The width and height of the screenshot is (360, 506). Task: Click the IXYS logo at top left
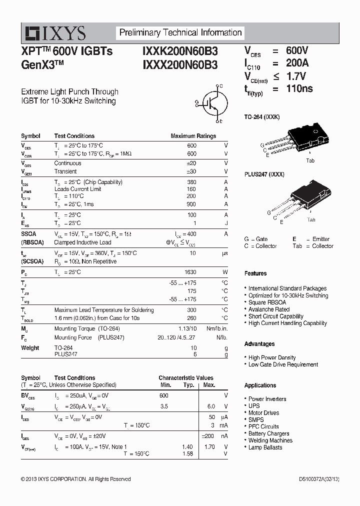pos(55,33)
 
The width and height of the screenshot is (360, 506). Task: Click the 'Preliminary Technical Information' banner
pos(180,33)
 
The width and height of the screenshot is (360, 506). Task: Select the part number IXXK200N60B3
pos(180,51)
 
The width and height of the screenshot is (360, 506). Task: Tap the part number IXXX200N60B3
pos(180,64)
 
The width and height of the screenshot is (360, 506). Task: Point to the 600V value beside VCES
pos(297,50)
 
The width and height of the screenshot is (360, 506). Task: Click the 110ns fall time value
pos(299,88)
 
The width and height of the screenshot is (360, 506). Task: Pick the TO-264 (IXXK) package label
pos(261,116)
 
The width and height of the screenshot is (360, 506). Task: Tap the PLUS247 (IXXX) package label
pos(264,174)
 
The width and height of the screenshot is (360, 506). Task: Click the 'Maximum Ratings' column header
pos(193,136)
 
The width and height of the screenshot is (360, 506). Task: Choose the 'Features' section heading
pos(255,273)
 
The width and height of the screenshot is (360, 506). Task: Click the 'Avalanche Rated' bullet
pos(268,309)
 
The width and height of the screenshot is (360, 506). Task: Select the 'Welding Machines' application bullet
pos(270,440)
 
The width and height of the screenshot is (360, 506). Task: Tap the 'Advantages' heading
pos(259,344)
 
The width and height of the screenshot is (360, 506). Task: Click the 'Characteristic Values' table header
pos(185,378)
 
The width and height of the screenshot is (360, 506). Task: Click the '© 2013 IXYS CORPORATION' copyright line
pos(75,479)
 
